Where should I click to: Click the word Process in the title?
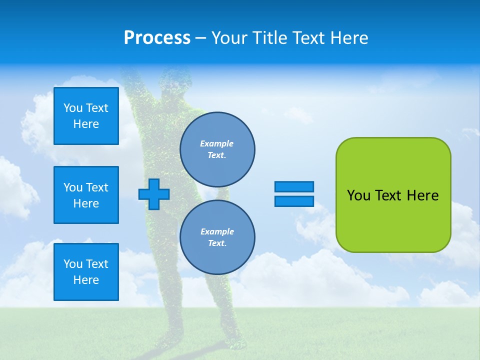[157, 38]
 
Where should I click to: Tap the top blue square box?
[86, 116]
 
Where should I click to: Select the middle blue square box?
[86, 195]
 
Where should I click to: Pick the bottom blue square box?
[86, 272]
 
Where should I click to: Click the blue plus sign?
[154, 194]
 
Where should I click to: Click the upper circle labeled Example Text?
[217, 149]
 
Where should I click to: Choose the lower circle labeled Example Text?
[217, 237]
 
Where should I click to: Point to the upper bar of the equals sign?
[294, 186]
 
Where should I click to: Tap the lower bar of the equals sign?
[294, 201]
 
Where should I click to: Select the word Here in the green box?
[422, 195]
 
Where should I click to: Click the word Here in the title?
[349, 38]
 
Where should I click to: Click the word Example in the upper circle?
[216, 144]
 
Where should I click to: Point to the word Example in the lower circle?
[216, 232]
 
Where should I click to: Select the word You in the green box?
[358, 195]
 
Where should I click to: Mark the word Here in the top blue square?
[86, 124]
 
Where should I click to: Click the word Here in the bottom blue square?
[86, 280]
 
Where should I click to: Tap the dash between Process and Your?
[200, 38]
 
